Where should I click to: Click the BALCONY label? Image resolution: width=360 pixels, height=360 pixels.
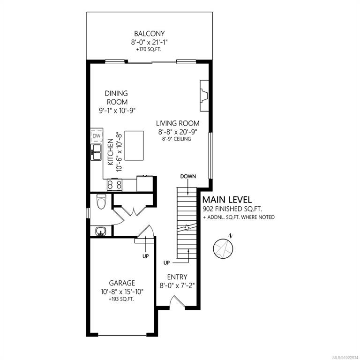[x=149, y=34]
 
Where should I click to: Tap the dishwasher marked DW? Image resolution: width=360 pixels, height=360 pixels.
[x=97, y=135]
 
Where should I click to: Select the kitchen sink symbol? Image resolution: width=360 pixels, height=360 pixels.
[x=96, y=152]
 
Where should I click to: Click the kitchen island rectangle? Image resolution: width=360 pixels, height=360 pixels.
[x=134, y=146]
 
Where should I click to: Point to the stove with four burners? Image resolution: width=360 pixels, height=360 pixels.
[x=114, y=184]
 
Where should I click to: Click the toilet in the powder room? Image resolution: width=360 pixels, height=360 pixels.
[x=101, y=201]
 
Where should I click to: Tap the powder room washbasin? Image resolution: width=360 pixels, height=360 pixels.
[x=101, y=231]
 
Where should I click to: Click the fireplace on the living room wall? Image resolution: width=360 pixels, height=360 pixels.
[x=204, y=96]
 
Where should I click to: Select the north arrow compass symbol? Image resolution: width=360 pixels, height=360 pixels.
[x=224, y=247]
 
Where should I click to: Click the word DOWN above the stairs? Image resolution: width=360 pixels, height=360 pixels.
[x=188, y=176]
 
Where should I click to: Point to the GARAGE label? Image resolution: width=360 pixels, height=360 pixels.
[x=122, y=283]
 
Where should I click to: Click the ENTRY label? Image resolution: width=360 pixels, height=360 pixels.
[x=177, y=277]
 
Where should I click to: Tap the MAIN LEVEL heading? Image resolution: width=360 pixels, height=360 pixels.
[x=227, y=200]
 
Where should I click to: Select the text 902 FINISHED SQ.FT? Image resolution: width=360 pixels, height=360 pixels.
[x=232, y=209]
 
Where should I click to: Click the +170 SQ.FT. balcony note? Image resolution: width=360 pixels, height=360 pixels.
[x=149, y=49]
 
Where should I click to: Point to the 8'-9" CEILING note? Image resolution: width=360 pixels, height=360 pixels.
[x=177, y=139]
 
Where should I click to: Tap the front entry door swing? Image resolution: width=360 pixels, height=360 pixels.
[x=177, y=301]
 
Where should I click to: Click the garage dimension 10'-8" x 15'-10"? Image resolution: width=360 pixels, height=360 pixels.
[x=122, y=292]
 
